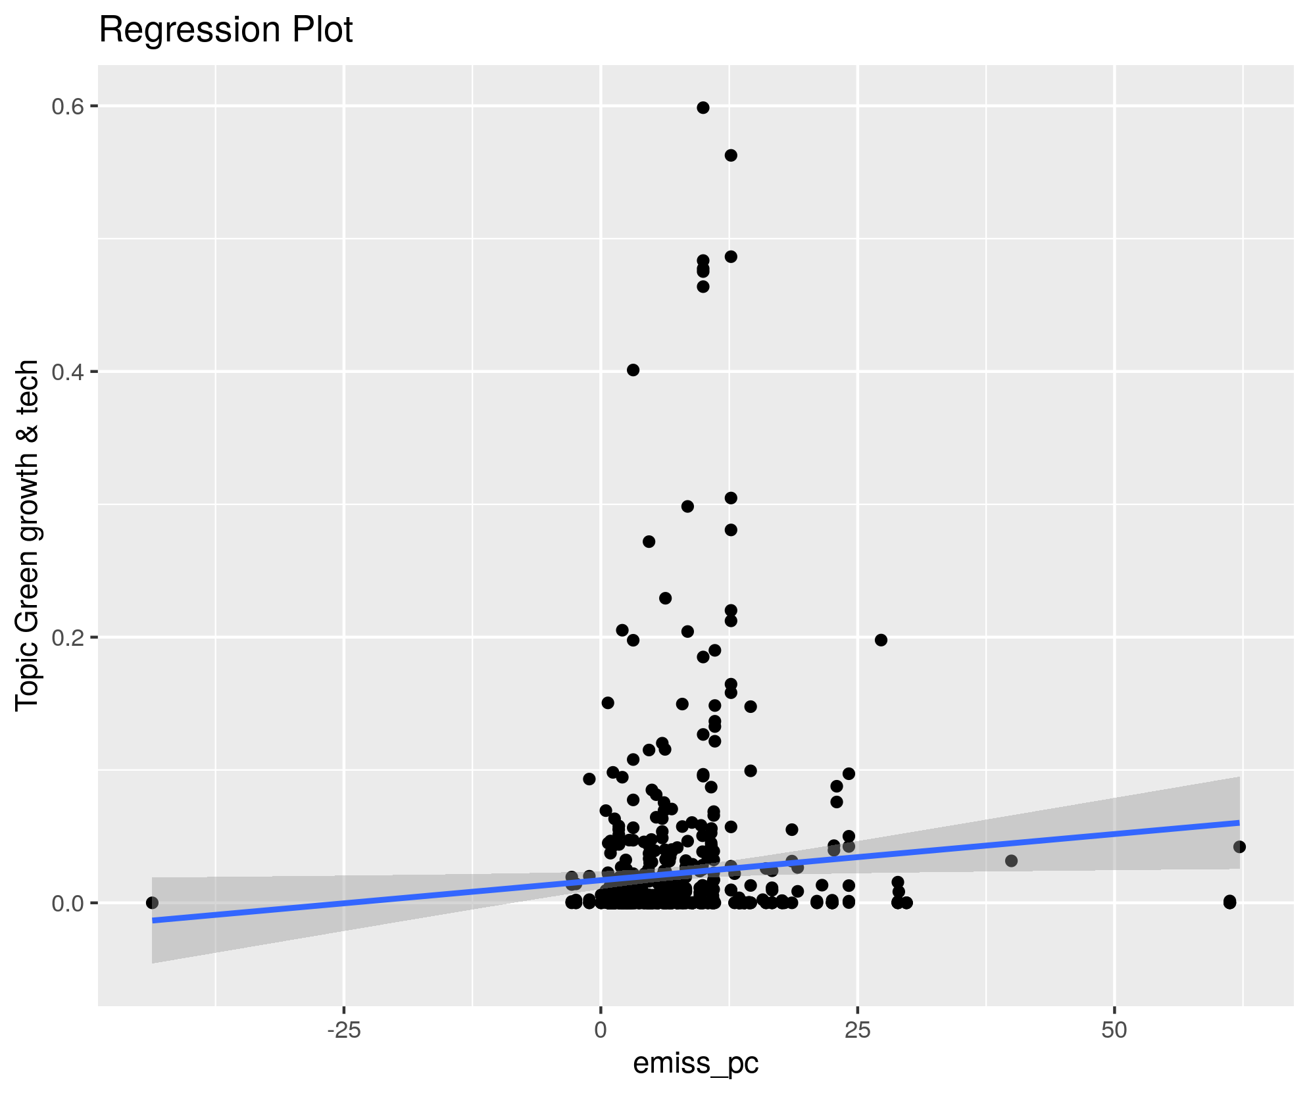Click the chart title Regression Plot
(x=226, y=30)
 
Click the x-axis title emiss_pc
(x=696, y=1063)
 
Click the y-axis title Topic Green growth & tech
(x=28, y=535)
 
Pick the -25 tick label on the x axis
(x=343, y=1031)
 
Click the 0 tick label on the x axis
(x=601, y=1031)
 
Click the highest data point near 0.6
(x=703, y=108)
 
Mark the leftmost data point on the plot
(x=152, y=902)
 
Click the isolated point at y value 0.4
(x=633, y=370)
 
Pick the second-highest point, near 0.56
(x=731, y=155)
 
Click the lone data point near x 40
(x=1012, y=861)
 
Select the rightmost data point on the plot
(x=1240, y=846)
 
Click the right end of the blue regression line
(x=1239, y=823)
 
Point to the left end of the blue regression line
(x=153, y=921)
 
